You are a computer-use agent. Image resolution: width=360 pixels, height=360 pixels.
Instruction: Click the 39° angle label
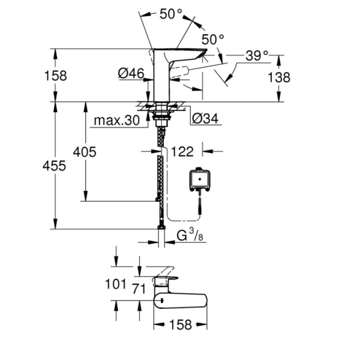coord(256,56)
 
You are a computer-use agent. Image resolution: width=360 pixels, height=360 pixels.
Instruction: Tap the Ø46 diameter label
coord(131,73)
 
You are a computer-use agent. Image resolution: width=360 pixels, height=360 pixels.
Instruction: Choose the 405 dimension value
coord(84,152)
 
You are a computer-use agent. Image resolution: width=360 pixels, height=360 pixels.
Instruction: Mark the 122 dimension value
coord(182,151)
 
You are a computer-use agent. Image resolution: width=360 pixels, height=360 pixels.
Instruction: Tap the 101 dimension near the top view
coord(117,283)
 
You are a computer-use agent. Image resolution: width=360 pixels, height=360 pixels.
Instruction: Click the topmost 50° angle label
coord(171,14)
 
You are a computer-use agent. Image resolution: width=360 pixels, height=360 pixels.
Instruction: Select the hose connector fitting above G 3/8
coord(161,226)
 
